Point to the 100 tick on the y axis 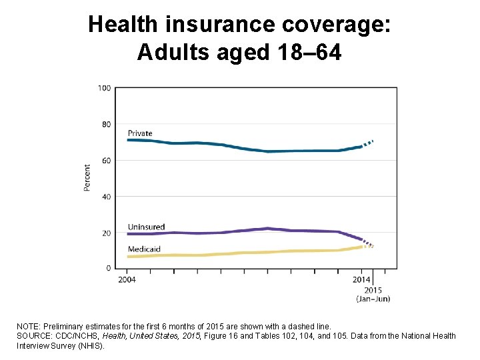point(104,88)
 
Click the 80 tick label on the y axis point(105,124)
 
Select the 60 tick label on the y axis point(105,160)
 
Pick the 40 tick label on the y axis point(105,197)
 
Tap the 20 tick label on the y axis point(105,233)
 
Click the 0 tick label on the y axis point(108,268)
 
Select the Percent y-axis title point(87,178)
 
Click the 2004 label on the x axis point(127,279)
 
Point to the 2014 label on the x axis point(361,279)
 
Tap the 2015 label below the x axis point(373,290)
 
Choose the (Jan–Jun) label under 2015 point(373,299)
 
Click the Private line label point(140,133)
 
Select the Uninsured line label point(145,227)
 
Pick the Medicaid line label point(144,249)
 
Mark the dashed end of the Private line point(368,143)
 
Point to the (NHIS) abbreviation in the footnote point(91,346)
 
